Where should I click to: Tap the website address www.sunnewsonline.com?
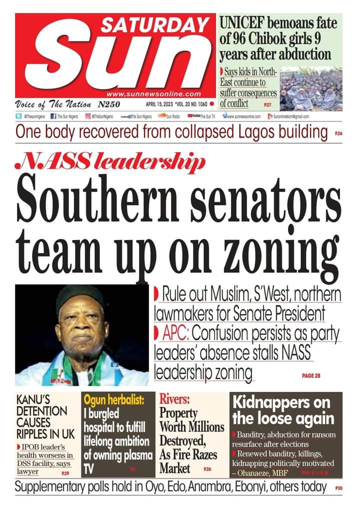tap(153, 93)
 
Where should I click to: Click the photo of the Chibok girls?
tap(311, 89)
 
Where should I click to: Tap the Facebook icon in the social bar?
tap(53, 116)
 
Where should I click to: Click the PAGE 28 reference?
tap(311, 375)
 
